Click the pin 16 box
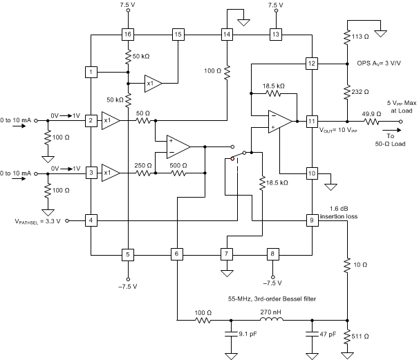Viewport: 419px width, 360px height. coord(128,34)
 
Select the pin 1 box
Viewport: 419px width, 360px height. coord(91,72)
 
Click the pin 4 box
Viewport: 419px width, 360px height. coord(91,221)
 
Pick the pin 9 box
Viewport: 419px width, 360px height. coord(312,220)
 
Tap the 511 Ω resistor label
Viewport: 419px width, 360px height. coord(362,337)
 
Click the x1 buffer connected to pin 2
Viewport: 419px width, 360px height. coord(110,121)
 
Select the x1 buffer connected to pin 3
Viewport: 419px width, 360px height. coord(110,173)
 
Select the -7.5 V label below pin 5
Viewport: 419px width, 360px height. coord(128,285)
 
